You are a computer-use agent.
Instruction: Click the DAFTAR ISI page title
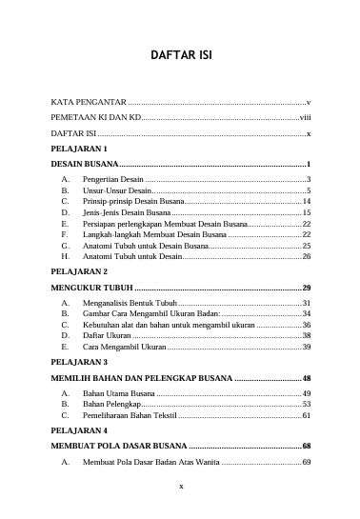(180, 55)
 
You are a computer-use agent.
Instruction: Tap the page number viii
(305, 117)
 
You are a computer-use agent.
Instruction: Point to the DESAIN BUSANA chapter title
(85, 165)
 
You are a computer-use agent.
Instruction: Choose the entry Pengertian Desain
(113, 179)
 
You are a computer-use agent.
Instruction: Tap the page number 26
(307, 256)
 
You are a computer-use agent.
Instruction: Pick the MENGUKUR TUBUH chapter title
(91, 287)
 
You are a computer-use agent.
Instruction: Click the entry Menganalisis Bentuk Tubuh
(130, 302)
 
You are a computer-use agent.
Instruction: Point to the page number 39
(307, 347)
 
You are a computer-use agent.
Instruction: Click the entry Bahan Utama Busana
(119, 393)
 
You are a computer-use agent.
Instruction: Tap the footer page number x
(180, 487)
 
